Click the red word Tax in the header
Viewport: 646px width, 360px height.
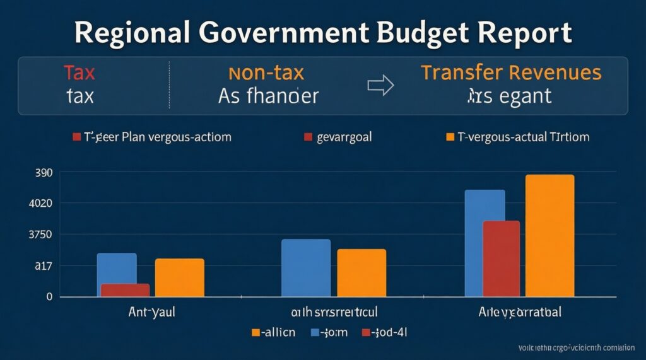tap(79, 73)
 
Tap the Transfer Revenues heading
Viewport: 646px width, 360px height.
tap(511, 73)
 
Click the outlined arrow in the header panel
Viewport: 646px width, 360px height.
tap(380, 86)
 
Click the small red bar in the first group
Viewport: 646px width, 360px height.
tap(125, 290)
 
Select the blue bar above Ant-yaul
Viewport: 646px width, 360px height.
tap(117, 268)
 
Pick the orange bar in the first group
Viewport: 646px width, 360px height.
tap(179, 277)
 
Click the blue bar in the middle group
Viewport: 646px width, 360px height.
tap(305, 268)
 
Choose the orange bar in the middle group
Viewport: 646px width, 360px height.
tap(361, 272)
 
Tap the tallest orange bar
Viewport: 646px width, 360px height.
tap(549, 235)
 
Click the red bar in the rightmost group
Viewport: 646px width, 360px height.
tap(502, 258)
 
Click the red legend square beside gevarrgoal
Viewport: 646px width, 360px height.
tap(308, 137)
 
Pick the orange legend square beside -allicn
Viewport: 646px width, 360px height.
tap(256, 332)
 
